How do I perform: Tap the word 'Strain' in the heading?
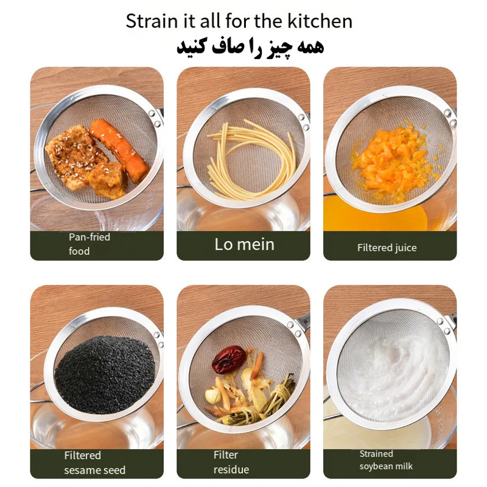151,21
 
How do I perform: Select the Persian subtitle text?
250,48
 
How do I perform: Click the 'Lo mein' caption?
245,245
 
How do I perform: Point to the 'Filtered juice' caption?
387,248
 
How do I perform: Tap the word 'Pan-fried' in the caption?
89,237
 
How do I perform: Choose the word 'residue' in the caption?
231,469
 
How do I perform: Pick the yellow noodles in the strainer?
251,160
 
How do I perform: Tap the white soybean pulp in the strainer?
394,373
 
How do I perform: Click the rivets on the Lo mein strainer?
304,122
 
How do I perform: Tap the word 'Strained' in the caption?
376,454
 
